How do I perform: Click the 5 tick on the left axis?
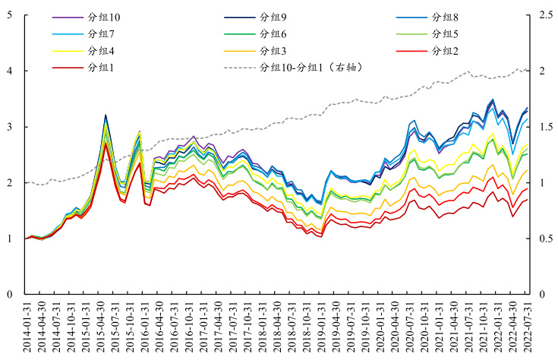click(x=8, y=15)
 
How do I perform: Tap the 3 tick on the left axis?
click(x=8, y=127)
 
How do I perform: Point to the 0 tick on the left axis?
click(x=8, y=295)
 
